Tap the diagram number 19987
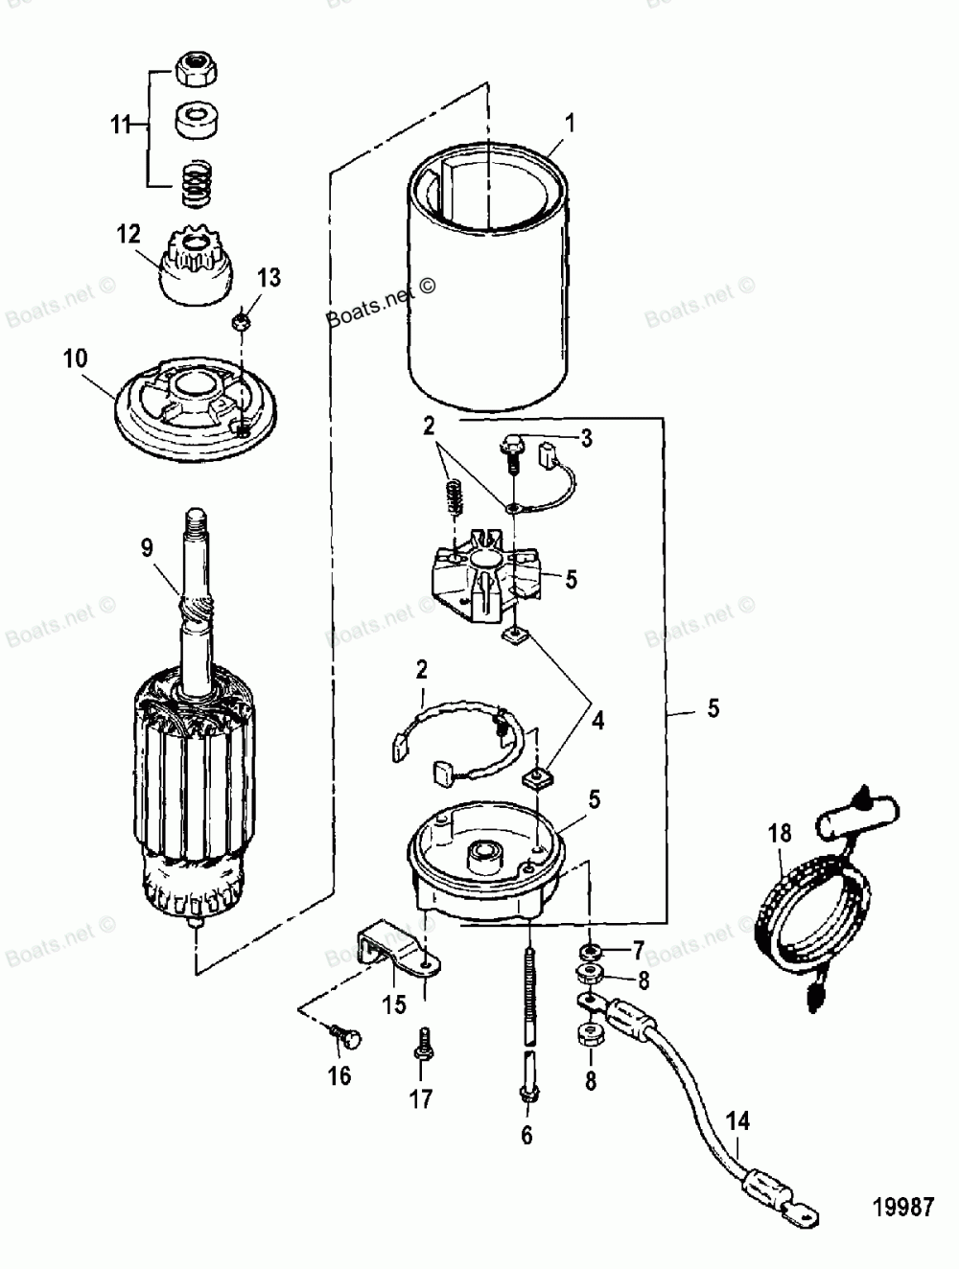click(x=903, y=1205)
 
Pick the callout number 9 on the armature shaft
click(x=147, y=548)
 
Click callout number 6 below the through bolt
click(x=527, y=1136)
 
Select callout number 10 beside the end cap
click(x=75, y=358)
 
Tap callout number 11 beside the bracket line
click(x=119, y=125)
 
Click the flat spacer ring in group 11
click(x=196, y=122)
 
